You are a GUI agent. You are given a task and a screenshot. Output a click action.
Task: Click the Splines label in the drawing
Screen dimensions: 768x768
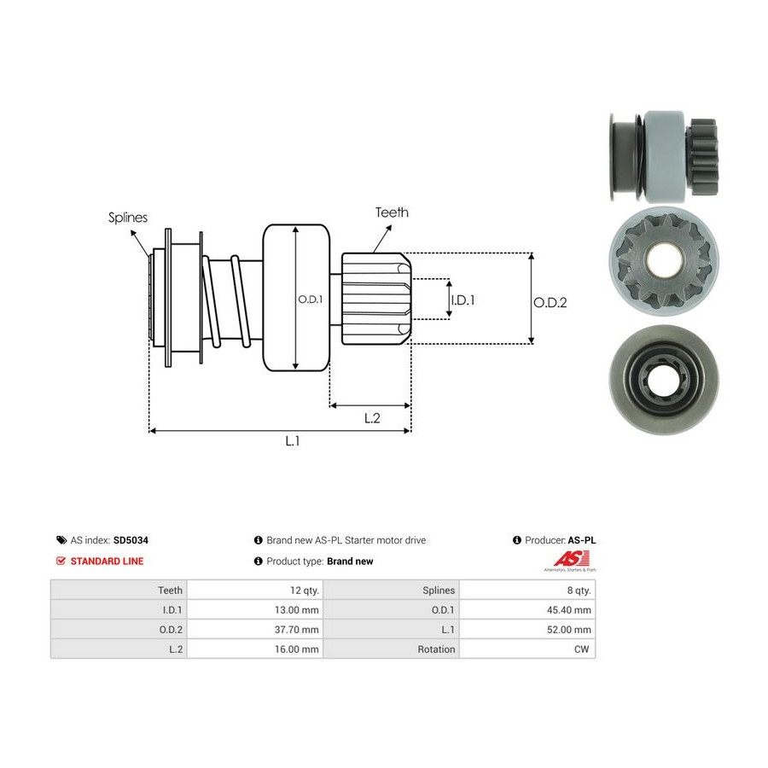click(128, 218)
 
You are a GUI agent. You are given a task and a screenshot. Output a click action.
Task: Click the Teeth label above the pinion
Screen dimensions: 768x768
click(392, 212)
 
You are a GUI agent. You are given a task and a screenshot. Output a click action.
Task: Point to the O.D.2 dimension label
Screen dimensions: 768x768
click(550, 303)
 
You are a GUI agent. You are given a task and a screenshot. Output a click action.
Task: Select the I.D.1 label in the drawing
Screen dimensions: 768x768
click(463, 300)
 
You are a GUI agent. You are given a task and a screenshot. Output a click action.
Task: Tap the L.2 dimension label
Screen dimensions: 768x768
click(372, 418)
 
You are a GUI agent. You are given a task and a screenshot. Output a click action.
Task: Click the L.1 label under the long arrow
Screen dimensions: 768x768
click(293, 441)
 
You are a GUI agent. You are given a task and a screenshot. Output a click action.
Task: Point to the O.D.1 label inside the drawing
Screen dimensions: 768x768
click(311, 300)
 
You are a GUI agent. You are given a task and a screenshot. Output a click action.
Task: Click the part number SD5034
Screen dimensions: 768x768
click(131, 540)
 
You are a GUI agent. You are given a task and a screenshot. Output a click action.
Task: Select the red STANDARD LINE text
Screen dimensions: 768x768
click(107, 561)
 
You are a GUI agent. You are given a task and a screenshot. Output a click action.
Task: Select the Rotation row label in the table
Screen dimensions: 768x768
click(436, 649)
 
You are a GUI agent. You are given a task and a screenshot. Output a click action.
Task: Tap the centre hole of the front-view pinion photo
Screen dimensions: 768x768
click(665, 259)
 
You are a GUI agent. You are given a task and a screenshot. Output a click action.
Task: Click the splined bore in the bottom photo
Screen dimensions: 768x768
click(663, 379)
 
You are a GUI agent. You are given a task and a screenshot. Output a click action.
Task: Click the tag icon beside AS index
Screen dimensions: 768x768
click(61, 540)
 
